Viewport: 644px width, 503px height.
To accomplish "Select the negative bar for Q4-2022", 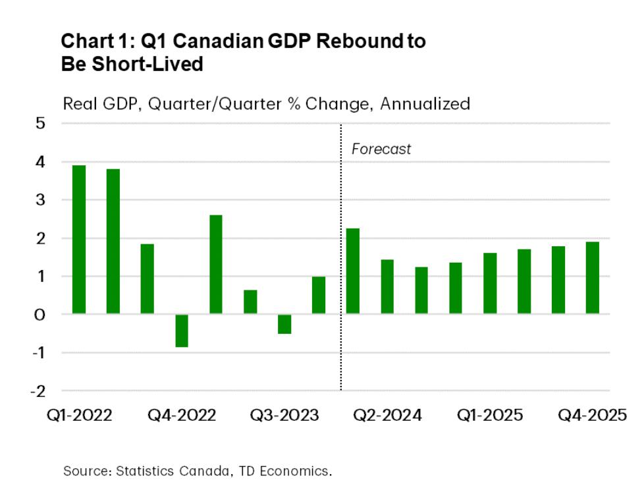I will (x=182, y=331).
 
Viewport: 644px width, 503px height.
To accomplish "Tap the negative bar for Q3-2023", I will (x=284, y=324).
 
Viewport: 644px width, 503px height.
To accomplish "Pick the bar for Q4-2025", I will (x=593, y=277).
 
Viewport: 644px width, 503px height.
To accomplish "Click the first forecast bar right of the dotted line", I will (x=353, y=271).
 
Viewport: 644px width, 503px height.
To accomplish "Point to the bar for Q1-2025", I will (x=490, y=283).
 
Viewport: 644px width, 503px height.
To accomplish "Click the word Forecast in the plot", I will (x=381, y=149).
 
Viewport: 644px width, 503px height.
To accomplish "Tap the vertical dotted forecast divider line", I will (x=340, y=263).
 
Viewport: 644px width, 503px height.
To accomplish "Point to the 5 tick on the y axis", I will (x=40, y=123).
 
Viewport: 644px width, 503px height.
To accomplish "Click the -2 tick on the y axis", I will (x=38, y=390).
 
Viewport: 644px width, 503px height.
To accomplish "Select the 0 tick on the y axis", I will (x=40, y=314).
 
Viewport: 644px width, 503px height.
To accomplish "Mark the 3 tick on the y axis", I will (x=40, y=199).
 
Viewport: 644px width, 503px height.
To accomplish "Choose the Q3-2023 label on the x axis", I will (x=284, y=416).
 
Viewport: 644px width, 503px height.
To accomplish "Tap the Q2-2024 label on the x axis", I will (x=387, y=416).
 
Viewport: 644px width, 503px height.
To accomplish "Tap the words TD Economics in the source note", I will (x=293, y=471).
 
